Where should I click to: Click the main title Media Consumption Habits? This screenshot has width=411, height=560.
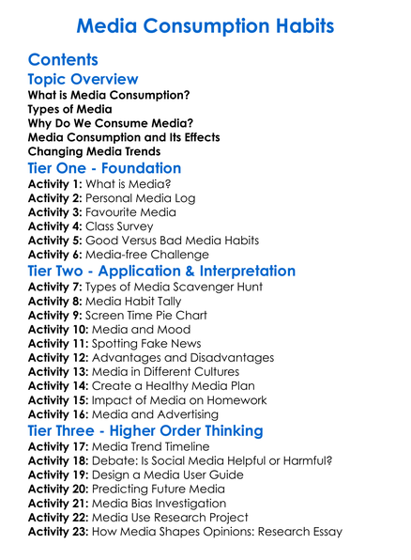[205, 24]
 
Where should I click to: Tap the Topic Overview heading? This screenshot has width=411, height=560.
[83, 80]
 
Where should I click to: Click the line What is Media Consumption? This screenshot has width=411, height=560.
[108, 96]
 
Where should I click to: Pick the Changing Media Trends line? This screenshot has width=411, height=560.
[94, 150]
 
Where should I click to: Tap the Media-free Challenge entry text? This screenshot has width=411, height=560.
[146, 255]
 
